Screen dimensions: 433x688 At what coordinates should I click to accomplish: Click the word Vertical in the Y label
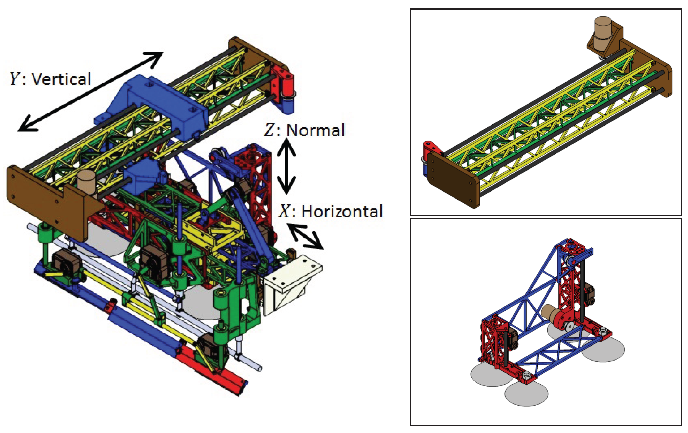(x=61, y=79)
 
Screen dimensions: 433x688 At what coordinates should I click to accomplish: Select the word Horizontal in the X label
(x=342, y=211)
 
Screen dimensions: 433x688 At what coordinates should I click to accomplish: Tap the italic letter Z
(x=269, y=130)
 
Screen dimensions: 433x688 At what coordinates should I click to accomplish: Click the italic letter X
(x=284, y=211)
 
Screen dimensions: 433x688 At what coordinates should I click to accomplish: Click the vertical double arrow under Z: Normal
(x=286, y=166)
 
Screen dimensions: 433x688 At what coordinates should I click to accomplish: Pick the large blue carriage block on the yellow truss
(x=160, y=103)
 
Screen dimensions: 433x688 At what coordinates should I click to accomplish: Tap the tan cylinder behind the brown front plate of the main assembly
(x=86, y=181)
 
